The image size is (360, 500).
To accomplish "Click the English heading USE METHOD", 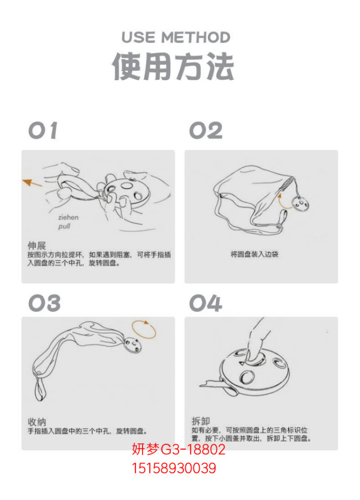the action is click(x=176, y=37).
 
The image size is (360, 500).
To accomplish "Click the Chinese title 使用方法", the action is click(x=173, y=67).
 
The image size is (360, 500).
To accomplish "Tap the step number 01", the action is click(x=43, y=131).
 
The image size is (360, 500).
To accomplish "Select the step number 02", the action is click(x=206, y=131).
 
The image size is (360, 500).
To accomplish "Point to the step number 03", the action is click(x=45, y=303).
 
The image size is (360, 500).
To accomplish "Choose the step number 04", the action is click(x=206, y=303).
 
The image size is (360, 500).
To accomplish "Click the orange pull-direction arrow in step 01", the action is click(x=32, y=183).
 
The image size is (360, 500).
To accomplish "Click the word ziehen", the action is click(x=68, y=218).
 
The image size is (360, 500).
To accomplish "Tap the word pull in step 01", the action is click(x=64, y=227).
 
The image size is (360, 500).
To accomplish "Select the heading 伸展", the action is click(x=36, y=245).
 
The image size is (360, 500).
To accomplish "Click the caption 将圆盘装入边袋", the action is click(x=254, y=254).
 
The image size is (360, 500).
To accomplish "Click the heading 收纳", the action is click(x=36, y=422).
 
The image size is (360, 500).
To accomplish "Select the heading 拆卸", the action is click(x=200, y=421).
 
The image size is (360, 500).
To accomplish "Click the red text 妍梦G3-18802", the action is click(x=178, y=449).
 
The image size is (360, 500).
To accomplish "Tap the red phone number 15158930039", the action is click(x=174, y=468).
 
